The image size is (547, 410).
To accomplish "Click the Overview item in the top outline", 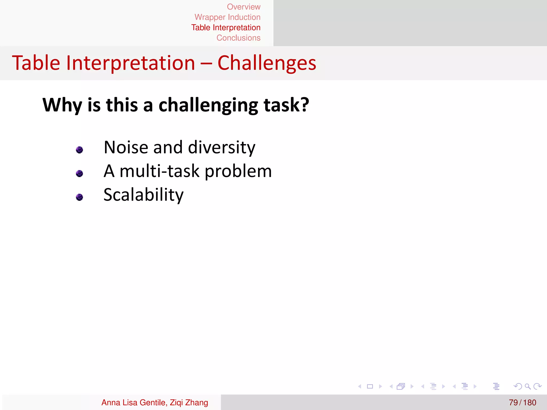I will tap(244, 7).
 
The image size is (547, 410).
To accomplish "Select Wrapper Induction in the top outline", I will tap(227, 17).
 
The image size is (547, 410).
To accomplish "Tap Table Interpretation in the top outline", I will tap(226, 27).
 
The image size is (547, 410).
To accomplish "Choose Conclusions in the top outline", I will tap(238, 38).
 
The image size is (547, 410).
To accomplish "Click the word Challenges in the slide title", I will tap(267, 63).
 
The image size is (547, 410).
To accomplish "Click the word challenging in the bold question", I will tap(208, 105).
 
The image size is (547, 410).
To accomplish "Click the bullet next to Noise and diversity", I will tap(79, 150).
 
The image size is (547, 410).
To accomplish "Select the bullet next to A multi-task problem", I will tap(79, 174).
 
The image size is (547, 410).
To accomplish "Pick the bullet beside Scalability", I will tap(79, 197).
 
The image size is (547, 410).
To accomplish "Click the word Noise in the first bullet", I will tap(126, 147).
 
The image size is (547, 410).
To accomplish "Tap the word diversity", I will tap(221, 148).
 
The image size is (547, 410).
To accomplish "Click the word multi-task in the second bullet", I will tap(159, 171).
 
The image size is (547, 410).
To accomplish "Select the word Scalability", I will tap(143, 195).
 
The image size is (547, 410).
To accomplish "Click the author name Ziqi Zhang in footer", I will tap(189, 402).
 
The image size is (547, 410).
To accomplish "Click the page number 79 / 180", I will tap(522, 402).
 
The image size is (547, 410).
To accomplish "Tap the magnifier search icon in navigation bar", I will tap(528, 386).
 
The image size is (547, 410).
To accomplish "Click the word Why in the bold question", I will tap(62, 105).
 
